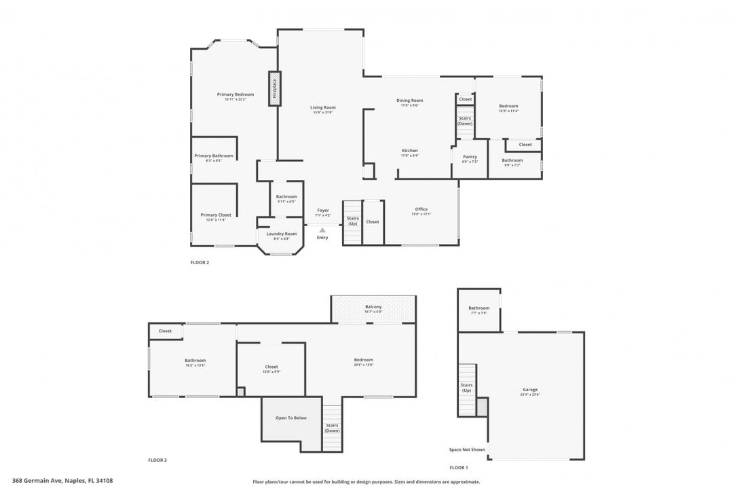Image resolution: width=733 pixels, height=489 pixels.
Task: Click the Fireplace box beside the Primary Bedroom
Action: click(275, 88)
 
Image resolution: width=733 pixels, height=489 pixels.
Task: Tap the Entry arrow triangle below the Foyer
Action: click(322, 231)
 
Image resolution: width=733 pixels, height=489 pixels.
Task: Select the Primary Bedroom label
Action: click(236, 94)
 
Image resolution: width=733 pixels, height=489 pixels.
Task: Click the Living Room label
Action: click(323, 107)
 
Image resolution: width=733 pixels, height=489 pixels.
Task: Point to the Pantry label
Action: click(470, 157)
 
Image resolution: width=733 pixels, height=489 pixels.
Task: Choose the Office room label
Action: click(421, 209)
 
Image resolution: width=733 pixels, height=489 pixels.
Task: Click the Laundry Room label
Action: click(282, 234)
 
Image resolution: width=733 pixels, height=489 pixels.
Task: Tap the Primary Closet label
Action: click(216, 215)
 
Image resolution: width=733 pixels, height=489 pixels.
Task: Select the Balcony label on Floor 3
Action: click(373, 307)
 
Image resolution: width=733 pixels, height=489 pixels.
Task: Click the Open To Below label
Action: click(290, 418)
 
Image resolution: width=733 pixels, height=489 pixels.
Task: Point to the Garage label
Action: click(529, 390)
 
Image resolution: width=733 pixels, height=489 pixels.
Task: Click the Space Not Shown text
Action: click(467, 450)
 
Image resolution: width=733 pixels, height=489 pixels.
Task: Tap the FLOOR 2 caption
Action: click(200, 262)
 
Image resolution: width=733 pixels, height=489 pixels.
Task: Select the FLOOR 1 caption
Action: click(459, 467)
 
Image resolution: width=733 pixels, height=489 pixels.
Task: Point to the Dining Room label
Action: click(410, 101)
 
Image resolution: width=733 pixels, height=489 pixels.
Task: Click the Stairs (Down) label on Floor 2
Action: click(465, 121)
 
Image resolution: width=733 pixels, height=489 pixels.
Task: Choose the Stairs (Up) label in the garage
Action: click(466, 388)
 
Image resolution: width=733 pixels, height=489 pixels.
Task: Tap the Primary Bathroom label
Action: click(214, 156)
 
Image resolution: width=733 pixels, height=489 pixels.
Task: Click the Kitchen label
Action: click(410, 151)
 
